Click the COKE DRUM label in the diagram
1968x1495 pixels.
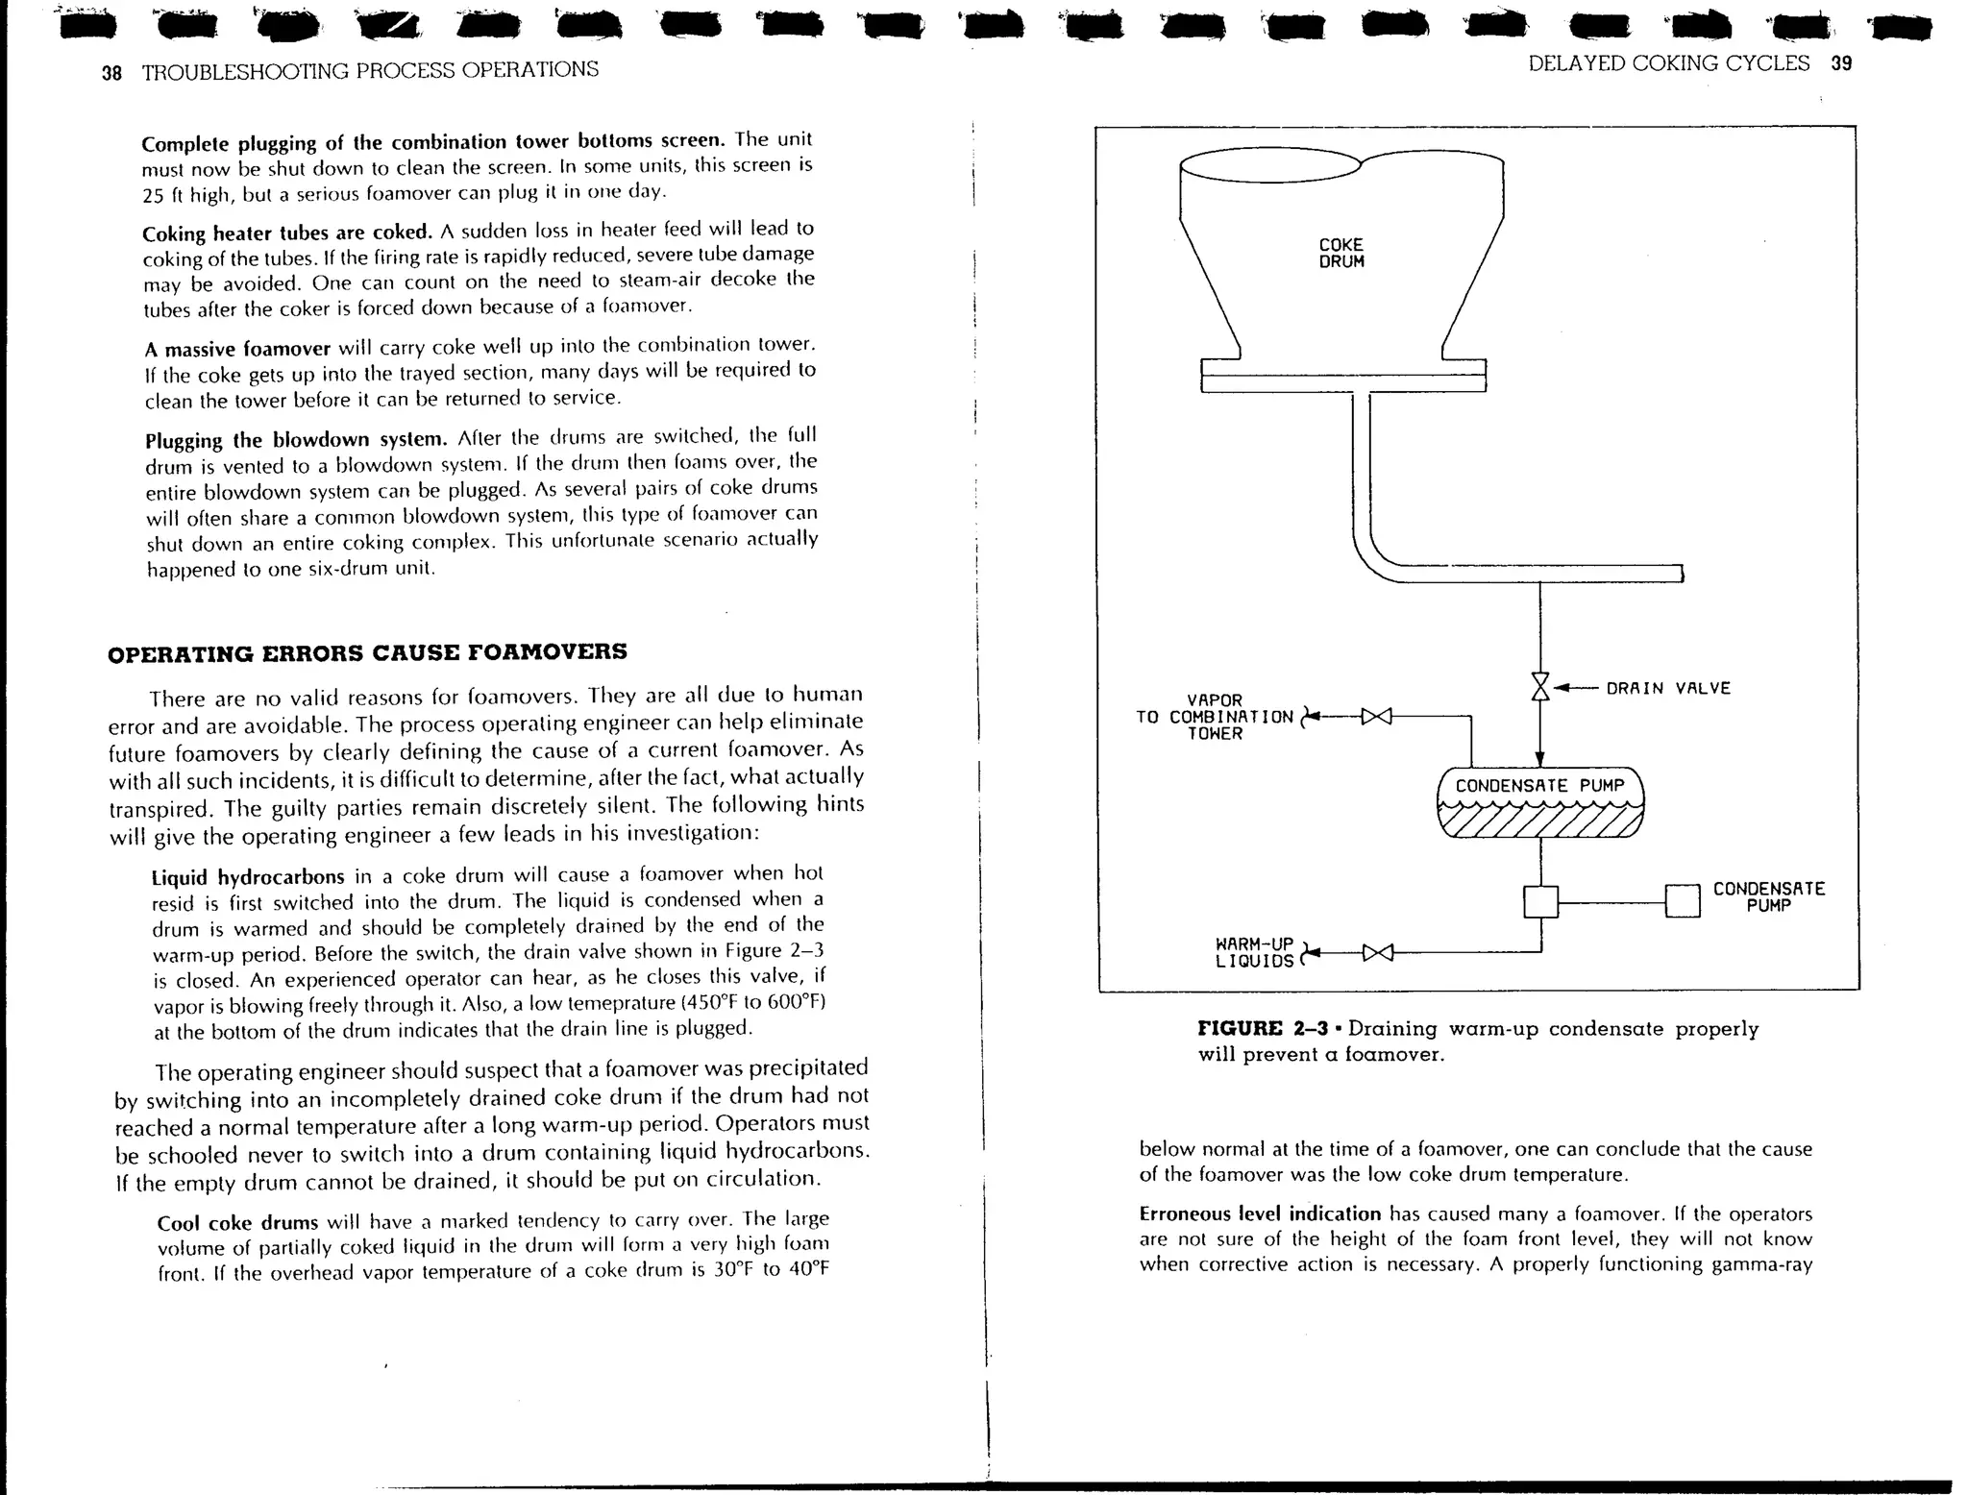point(1341,254)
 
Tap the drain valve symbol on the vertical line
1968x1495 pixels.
point(1540,687)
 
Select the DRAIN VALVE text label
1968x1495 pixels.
point(1667,688)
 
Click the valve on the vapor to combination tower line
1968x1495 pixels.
point(1377,716)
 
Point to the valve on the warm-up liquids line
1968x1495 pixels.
point(1377,953)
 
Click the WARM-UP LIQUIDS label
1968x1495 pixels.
point(1254,952)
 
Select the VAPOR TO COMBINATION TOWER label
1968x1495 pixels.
point(1215,717)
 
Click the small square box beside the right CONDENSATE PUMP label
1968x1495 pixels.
point(1683,901)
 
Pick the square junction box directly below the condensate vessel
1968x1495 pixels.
point(1540,901)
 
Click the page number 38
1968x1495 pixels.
point(111,72)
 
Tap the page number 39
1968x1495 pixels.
point(1841,64)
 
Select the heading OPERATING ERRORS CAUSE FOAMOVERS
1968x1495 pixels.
point(367,653)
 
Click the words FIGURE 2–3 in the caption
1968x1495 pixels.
point(1263,1029)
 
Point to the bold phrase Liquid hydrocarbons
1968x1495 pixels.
point(248,877)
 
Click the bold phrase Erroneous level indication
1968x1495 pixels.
point(1259,1213)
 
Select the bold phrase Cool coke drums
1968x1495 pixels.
point(237,1223)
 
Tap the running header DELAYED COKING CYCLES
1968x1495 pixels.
point(1668,64)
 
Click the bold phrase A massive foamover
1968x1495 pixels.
point(238,348)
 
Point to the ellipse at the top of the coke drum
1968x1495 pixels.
point(1270,165)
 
